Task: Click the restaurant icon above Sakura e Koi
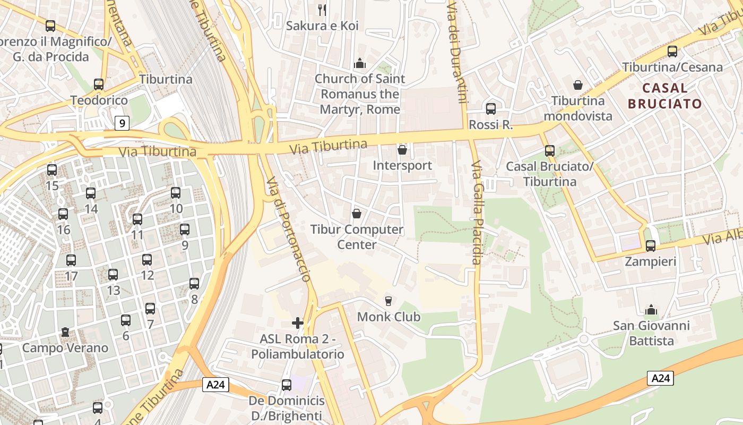(322, 10)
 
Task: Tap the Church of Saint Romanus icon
(360, 63)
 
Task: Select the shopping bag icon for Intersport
(402, 150)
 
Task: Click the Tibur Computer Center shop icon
(357, 214)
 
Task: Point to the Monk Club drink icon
(388, 301)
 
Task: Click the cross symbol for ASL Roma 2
(298, 322)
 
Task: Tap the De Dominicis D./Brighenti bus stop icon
(287, 385)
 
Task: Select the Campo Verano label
(65, 348)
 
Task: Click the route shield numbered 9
(122, 124)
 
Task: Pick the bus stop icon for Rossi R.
(491, 109)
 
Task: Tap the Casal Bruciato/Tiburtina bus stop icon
(549, 151)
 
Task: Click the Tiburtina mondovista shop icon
(578, 85)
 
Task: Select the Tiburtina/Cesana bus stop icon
(672, 52)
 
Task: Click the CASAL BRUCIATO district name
(665, 96)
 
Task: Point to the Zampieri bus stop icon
(650, 245)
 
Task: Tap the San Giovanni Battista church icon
(651, 309)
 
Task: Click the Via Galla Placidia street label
(476, 212)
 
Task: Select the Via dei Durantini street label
(457, 50)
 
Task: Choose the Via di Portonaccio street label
(288, 228)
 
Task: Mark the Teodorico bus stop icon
(99, 84)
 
